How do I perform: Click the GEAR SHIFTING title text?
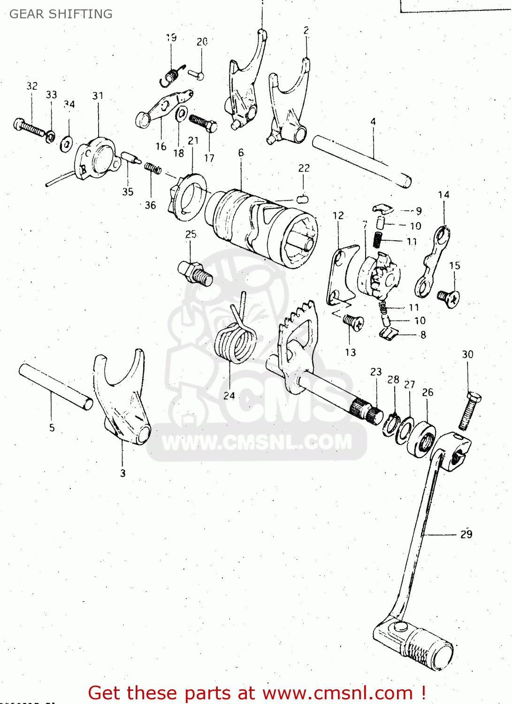61,14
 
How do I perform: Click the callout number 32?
32,86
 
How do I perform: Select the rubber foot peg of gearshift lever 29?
429,650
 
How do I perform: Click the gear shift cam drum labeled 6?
263,228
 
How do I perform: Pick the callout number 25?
191,234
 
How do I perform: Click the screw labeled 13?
352,322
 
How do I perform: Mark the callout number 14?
443,195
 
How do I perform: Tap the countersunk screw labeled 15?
448,298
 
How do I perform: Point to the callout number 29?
466,534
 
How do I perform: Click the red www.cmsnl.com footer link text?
337,693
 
